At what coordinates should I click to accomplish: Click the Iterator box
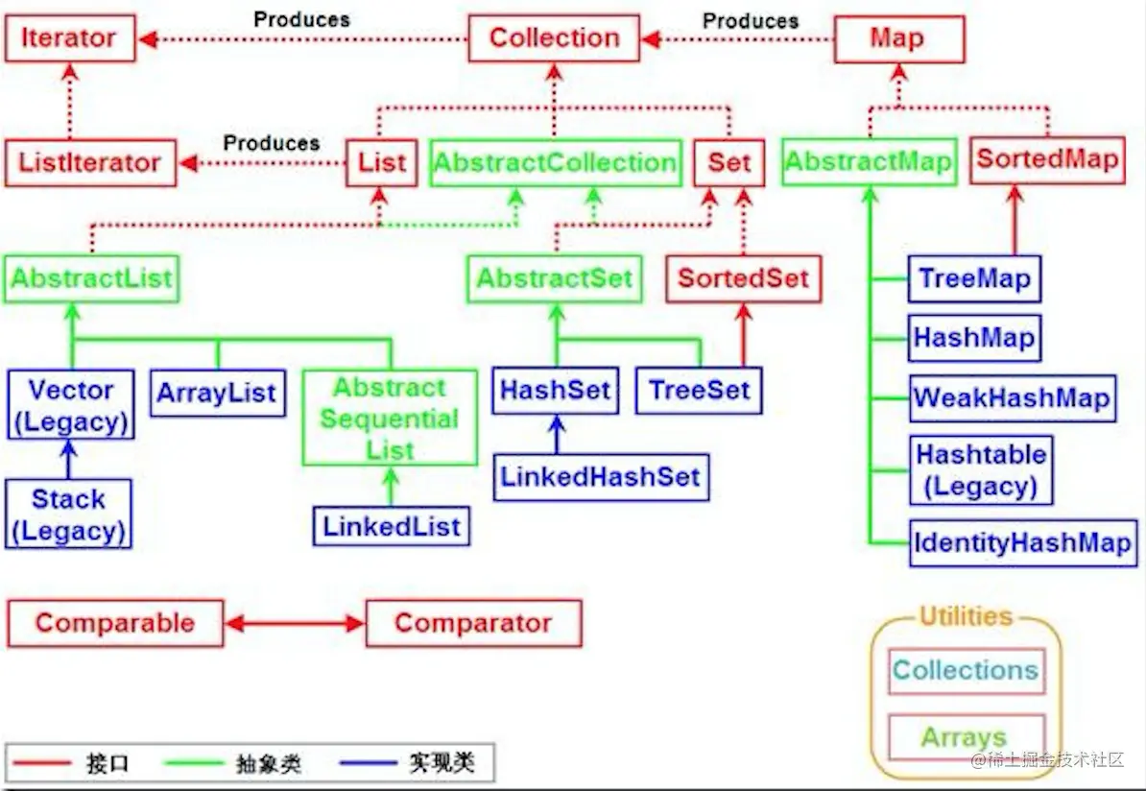[x=69, y=38]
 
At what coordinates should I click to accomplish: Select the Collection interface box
[x=554, y=38]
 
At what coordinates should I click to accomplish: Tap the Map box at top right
[x=897, y=38]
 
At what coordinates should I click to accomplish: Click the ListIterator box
[x=90, y=162]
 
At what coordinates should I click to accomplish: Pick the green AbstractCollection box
[x=555, y=162]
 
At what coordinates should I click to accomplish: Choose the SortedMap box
[x=1047, y=159]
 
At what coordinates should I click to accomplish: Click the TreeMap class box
[x=974, y=279]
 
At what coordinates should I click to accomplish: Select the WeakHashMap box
[x=1012, y=397]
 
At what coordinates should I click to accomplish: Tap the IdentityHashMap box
[x=1023, y=543]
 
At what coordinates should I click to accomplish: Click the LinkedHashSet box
[x=601, y=477]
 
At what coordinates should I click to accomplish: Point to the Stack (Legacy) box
[x=68, y=515]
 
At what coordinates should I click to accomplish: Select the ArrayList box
[x=217, y=393]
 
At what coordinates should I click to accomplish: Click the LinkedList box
[x=392, y=526]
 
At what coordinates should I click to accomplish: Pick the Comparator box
[x=473, y=623]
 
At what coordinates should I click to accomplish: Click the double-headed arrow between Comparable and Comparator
[x=295, y=624]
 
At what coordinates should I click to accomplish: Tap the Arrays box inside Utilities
[x=965, y=737]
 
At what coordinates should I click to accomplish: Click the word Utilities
[x=966, y=616]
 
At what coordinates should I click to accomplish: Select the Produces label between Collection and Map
[x=750, y=20]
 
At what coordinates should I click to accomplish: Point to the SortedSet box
[x=743, y=279]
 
